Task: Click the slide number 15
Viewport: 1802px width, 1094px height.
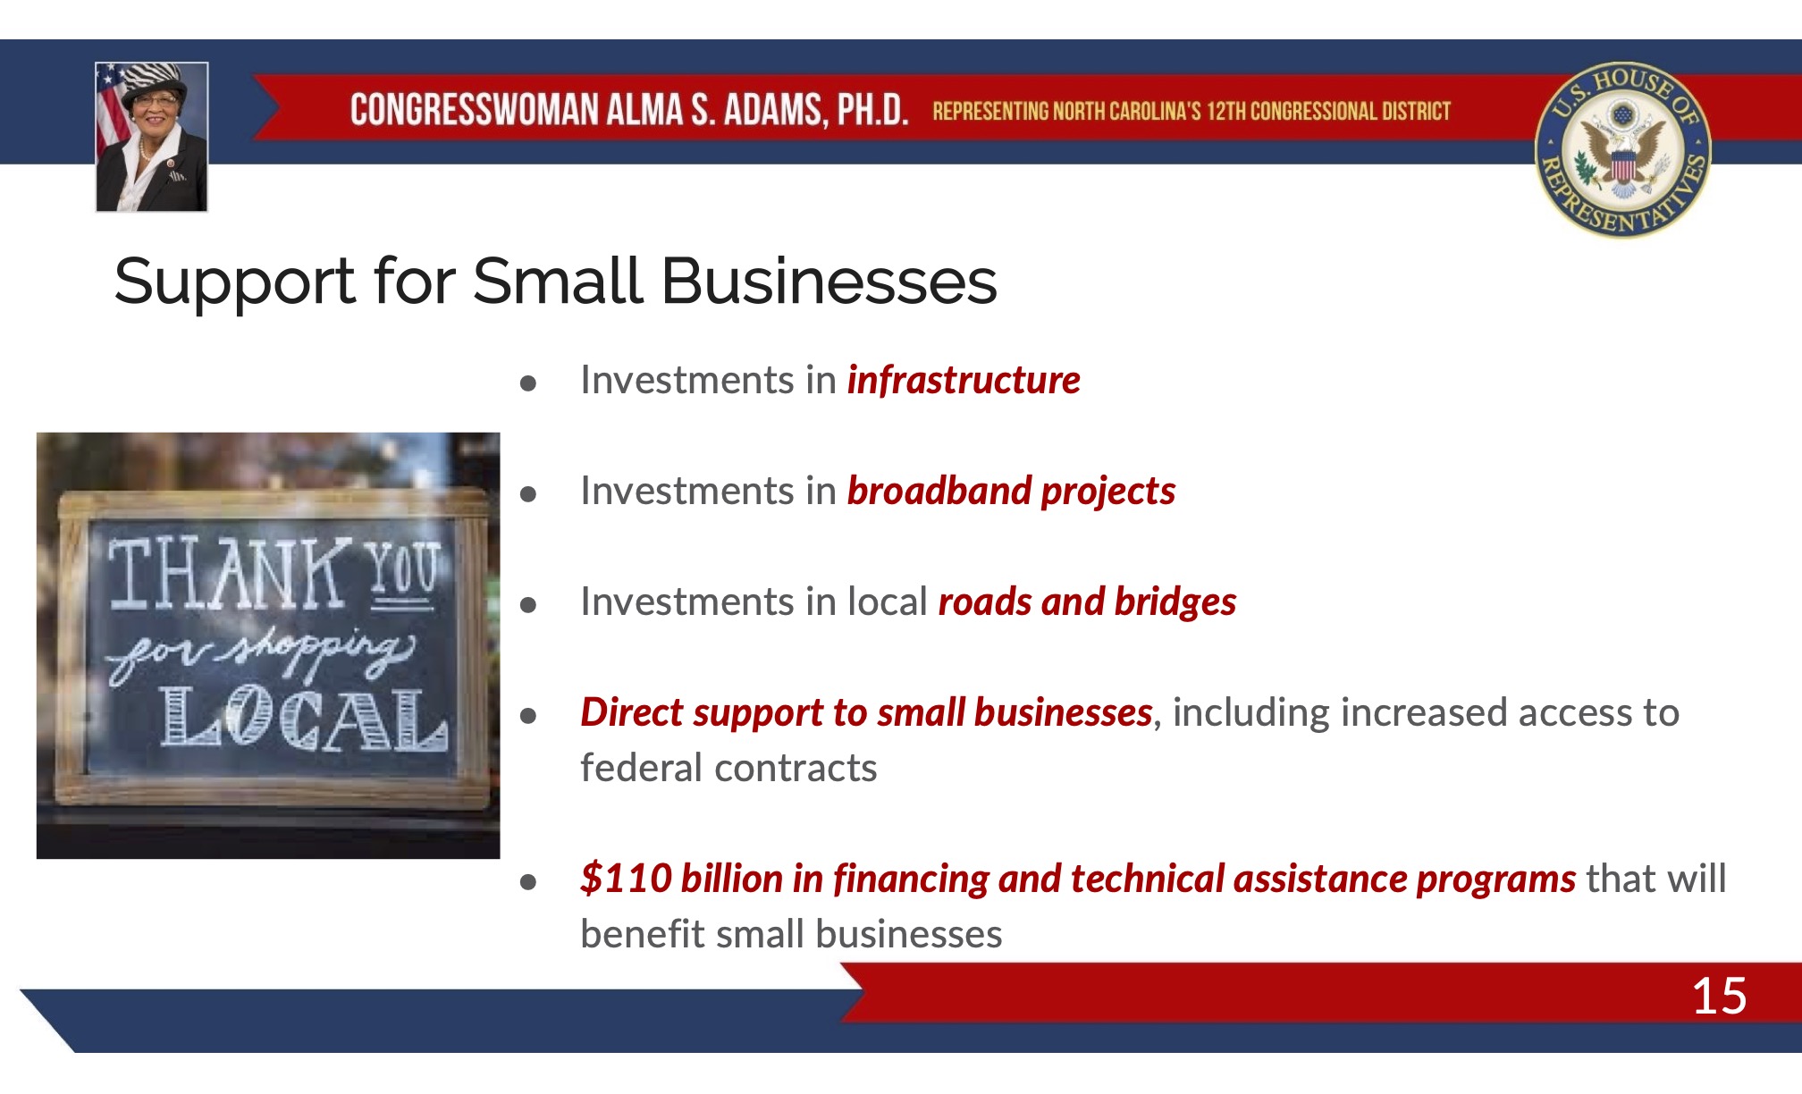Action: click(x=1719, y=996)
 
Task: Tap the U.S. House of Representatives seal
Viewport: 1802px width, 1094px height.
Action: click(x=1622, y=149)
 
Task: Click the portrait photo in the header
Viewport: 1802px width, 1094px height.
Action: click(x=152, y=137)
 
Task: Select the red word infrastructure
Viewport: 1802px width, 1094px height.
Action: click(x=964, y=380)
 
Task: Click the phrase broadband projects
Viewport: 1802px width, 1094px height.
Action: click(x=1011, y=492)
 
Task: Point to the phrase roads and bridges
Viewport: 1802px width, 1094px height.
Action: click(x=1087, y=602)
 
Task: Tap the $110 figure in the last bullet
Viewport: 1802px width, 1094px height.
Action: click(x=626, y=878)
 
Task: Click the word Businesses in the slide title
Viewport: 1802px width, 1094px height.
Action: click(x=829, y=282)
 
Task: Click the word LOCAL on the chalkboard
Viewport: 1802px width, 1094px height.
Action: click(x=304, y=719)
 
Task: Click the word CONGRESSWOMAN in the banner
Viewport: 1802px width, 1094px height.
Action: click(x=474, y=110)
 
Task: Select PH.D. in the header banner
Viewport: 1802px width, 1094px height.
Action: click(x=872, y=110)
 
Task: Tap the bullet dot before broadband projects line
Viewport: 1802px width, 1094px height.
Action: click(x=528, y=494)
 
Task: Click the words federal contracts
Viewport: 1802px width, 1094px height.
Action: click(x=728, y=769)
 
